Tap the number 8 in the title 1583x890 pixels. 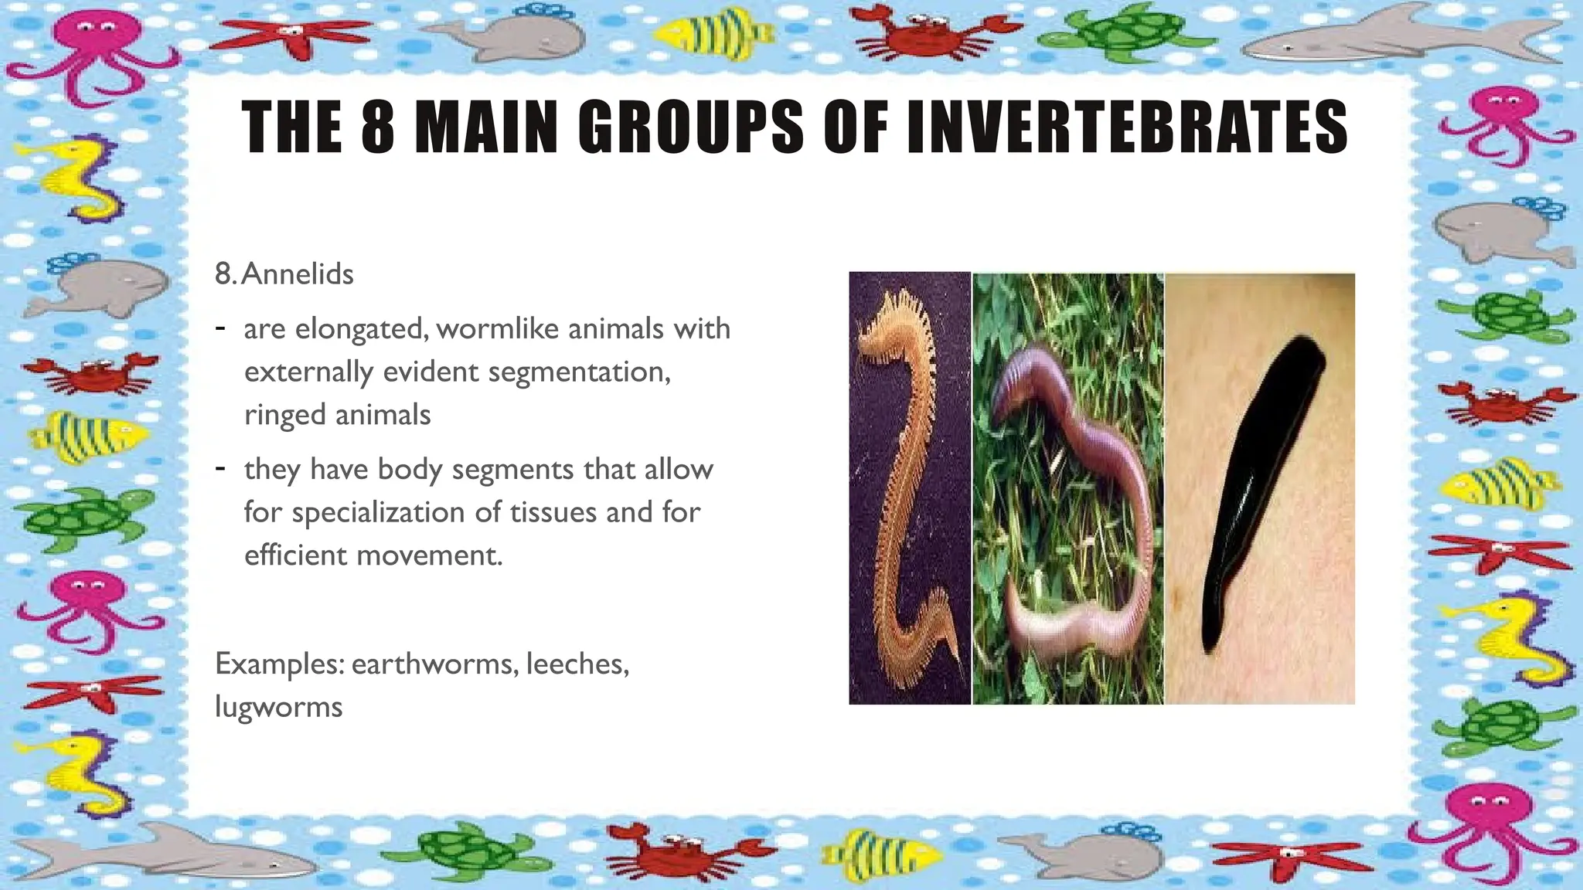378,127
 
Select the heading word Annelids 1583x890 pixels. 298,274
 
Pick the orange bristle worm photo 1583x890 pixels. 908,487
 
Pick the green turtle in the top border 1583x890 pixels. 1113,35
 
